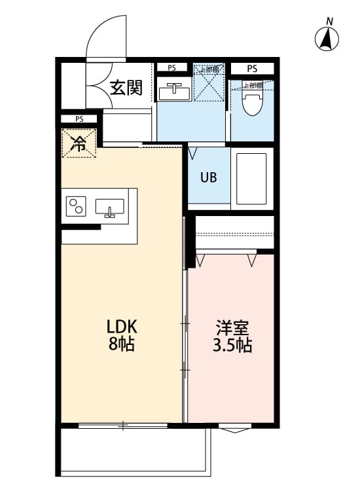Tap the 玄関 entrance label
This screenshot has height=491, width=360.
point(126,87)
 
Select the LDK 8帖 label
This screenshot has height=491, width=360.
point(121,335)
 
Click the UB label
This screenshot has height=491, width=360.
point(208,177)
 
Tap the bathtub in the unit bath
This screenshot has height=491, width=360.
point(252,178)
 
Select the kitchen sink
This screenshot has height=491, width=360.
point(110,208)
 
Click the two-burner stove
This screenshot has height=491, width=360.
point(76,206)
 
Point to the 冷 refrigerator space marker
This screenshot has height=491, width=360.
point(79,144)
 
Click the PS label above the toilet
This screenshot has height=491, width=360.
point(252,68)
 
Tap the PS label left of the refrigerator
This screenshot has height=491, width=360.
point(79,119)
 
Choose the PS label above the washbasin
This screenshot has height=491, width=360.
point(171,67)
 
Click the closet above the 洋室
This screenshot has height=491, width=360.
point(234,232)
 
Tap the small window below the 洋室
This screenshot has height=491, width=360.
point(234,429)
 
